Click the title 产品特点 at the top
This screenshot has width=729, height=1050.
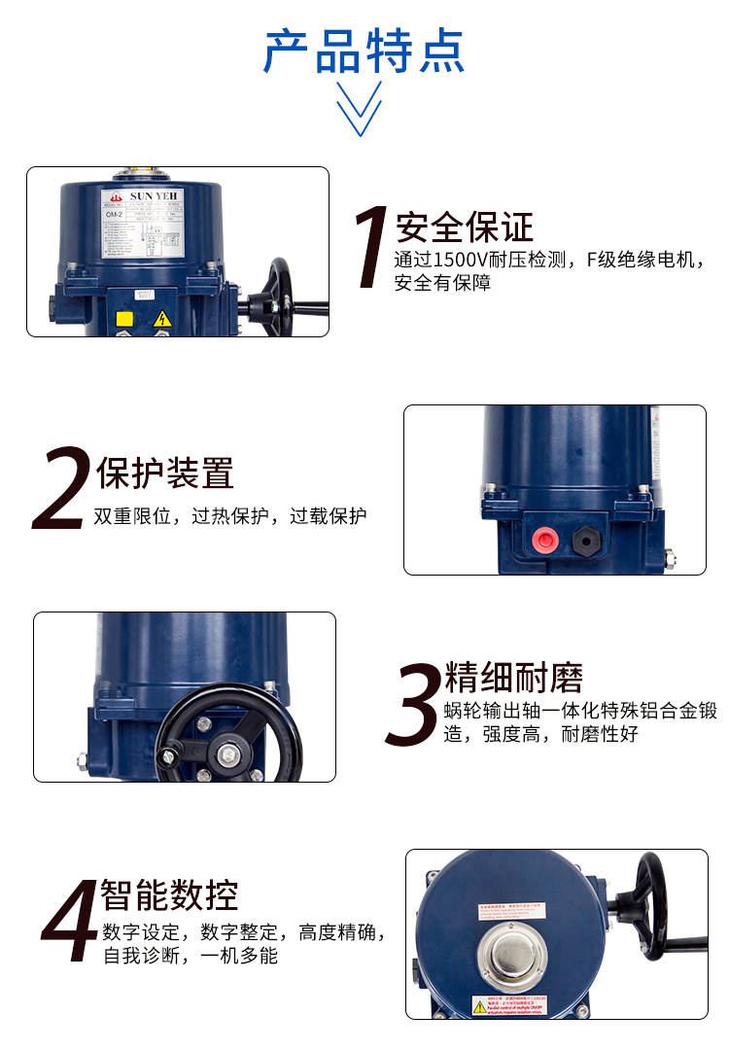(364, 52)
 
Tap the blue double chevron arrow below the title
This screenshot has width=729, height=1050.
(359, 109)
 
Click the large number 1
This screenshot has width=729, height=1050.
(370, 247)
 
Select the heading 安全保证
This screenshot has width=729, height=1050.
(465, 227)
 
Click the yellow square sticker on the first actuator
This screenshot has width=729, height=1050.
(124, 318)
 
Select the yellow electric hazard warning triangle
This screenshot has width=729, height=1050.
(162, 318)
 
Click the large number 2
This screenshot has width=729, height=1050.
(61, 492)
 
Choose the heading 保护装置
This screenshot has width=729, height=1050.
(165, 473)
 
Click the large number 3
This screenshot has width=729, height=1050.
(413, 706)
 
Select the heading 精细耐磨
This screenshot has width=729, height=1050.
(514, 678)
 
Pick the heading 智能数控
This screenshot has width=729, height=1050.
(169, 893)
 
